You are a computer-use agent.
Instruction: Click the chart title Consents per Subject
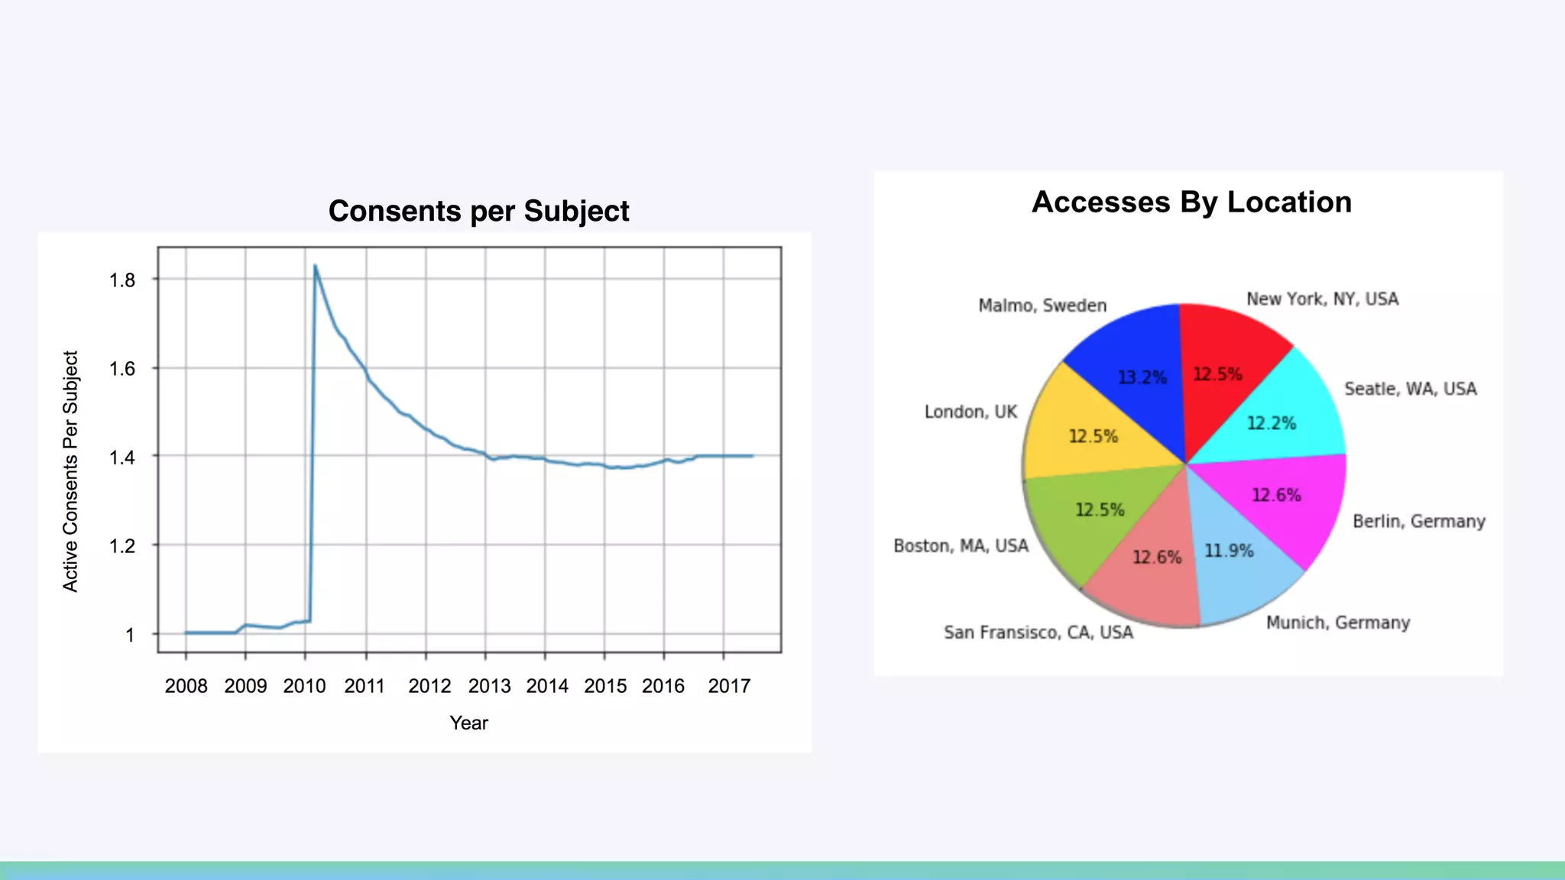pyautogui.click(x=478, y=211)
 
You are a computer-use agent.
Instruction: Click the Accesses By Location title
pyautogui.click(x=1191, y=202)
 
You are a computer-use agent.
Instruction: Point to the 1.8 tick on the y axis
pyautogui.click(x=122, y=280)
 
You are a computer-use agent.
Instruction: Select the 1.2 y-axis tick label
pyautogui.click(x=122, y=546)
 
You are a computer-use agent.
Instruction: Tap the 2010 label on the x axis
pyautogui.click(x=304, y=686)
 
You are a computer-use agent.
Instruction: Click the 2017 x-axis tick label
pyautogui.click(x=729, y=686)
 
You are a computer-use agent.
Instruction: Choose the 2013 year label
pyautogui.click(x=489, y=686)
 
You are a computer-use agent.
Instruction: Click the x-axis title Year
pyautogui.click(x=468, y=723)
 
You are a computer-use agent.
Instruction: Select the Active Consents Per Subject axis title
pyautogui.click(x=70, y=471)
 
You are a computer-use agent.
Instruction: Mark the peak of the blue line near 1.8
pyautogui.click(x=315, y=266)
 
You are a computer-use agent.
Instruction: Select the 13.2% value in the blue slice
pyautogui.click(x=1142, y=377)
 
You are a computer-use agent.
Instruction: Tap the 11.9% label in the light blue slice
pyautogui.click(x=1229, y=551)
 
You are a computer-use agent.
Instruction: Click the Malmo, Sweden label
pyautogui.click(x=1042, y=306)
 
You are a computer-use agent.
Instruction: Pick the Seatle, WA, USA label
pyautogui.click(x=1410, y=389)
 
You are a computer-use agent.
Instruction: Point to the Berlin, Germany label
pyautogui.click(x=1419, y=521)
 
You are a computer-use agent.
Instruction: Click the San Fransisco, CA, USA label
pyautogui.click(x=1038, y=632)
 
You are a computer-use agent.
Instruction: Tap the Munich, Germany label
pyautogui.click(x=1337, y=623)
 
